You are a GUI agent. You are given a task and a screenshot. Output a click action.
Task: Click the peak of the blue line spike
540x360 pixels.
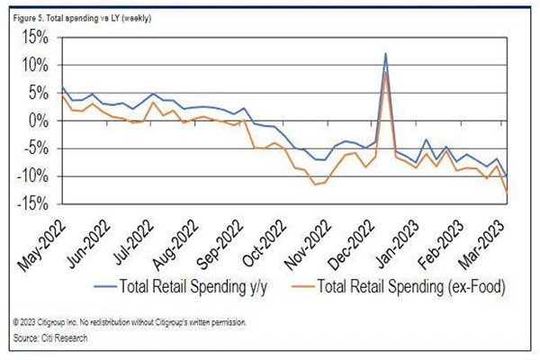click(385, 53)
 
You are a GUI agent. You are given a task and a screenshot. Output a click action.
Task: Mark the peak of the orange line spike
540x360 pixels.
click(385, 73)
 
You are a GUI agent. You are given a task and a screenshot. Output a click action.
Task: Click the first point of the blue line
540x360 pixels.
click(61, 88)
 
